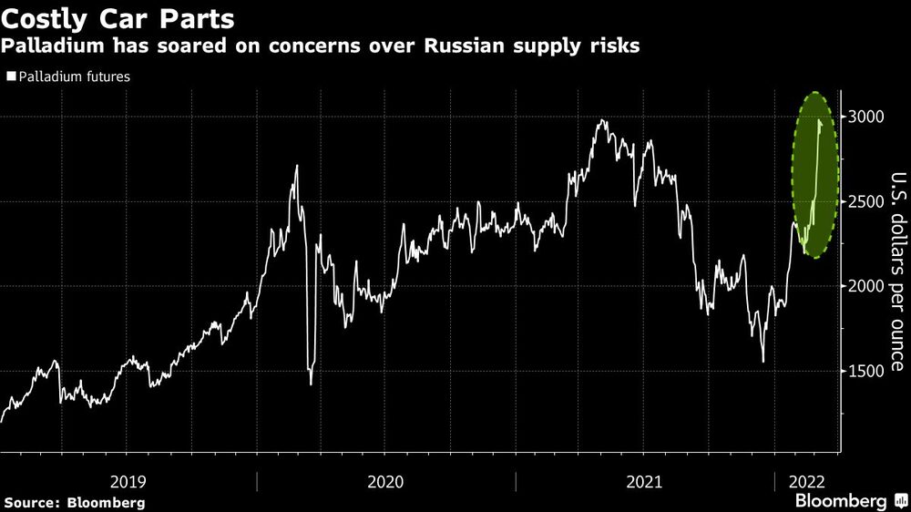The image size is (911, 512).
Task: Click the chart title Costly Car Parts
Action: click(x=118, y=18)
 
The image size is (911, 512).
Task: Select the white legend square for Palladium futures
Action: click(x=10, y=77)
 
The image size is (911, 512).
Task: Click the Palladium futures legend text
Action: click(x=74, y=77)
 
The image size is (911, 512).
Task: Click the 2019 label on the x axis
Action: click(x=128, y=480)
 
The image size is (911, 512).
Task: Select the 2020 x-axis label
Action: click(x=386, y=480)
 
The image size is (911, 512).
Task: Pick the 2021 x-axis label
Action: click(x=644, y=480)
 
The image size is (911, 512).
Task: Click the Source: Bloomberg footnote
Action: click(x=75, y=502)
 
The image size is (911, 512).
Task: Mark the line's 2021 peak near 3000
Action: click(x=602, y=120)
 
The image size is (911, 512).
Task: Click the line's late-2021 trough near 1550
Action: click(x=763, y=362)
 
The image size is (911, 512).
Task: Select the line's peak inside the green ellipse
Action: click(x=820, y=121)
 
